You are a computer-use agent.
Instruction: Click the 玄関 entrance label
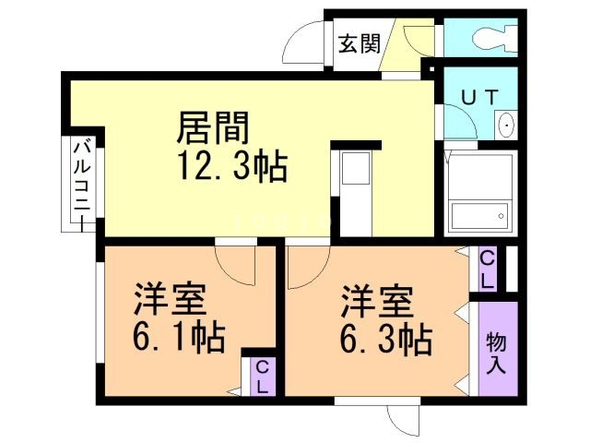(360, 43)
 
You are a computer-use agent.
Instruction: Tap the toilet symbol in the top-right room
(494, 37)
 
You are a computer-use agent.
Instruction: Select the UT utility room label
(479, 98)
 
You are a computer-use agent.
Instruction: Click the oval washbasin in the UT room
(506, 125)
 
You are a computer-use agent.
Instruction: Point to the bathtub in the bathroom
(479, 216)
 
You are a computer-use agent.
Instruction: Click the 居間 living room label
(213, 127)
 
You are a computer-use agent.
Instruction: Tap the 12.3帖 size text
(232, 166)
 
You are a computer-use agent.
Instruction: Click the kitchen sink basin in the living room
(356, 168)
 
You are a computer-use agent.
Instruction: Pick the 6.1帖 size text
(179, 337)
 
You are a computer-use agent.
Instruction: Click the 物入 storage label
(496, 353)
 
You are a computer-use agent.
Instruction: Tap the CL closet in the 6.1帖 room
(262, 377)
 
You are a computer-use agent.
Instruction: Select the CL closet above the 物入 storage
(488, 269)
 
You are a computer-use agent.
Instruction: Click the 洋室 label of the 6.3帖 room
(377, 302)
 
